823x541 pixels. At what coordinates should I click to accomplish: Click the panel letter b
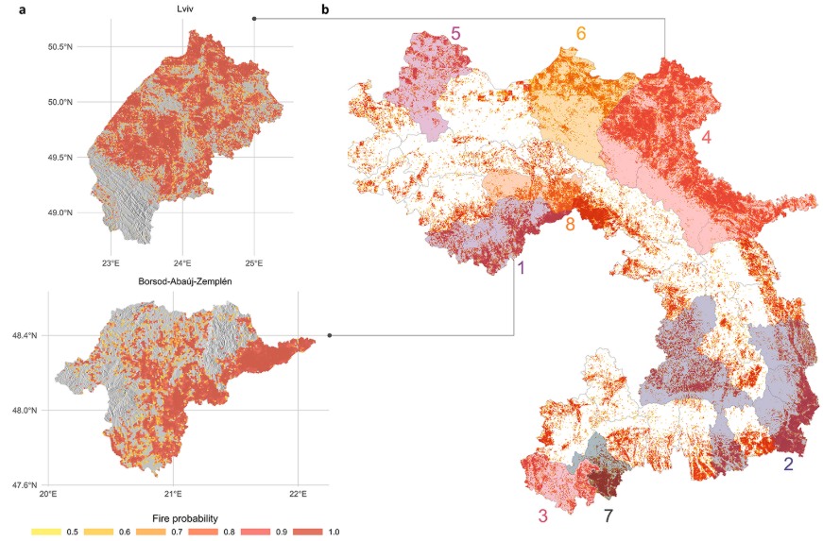pos(325,10)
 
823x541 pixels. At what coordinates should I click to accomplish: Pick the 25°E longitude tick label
pos(254,263)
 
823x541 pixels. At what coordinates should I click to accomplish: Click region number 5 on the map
pos(455,34)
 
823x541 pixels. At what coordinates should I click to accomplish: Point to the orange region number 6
pos(581,34)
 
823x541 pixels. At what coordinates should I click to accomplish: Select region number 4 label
pos(706,136)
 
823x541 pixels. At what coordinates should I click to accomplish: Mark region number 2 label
pos(788,464)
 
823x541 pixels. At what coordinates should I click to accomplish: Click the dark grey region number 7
pos(609,516)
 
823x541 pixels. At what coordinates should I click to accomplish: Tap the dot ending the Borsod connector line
pos(330,335)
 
